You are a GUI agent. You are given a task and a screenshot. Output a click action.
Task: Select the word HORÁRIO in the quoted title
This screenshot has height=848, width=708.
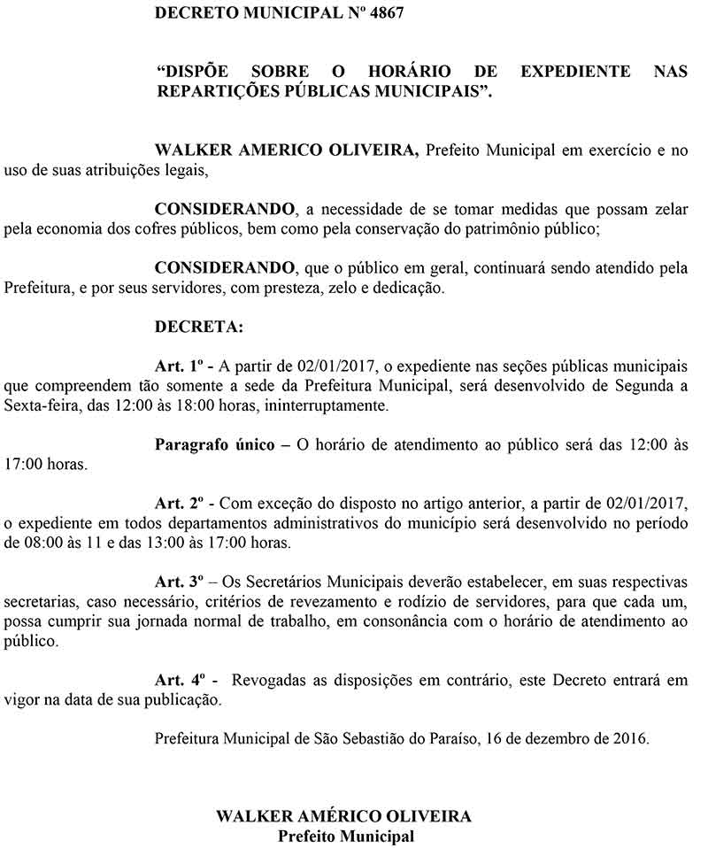410,71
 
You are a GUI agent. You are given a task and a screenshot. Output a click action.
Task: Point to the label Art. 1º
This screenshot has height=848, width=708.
180,366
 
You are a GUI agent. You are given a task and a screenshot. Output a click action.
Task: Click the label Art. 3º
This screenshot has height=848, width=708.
180,582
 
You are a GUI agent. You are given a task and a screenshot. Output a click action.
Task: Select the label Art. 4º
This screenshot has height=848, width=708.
180,681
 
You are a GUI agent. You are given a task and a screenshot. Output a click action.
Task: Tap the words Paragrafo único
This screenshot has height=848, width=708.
214,444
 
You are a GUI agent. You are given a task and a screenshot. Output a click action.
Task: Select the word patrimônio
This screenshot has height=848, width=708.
464,228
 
